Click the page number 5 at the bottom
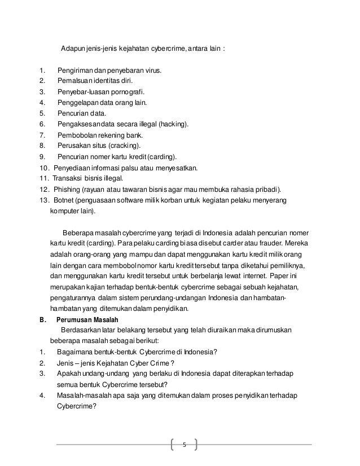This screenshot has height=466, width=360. (184, 443)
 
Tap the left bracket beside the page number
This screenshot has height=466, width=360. (172, 444)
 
